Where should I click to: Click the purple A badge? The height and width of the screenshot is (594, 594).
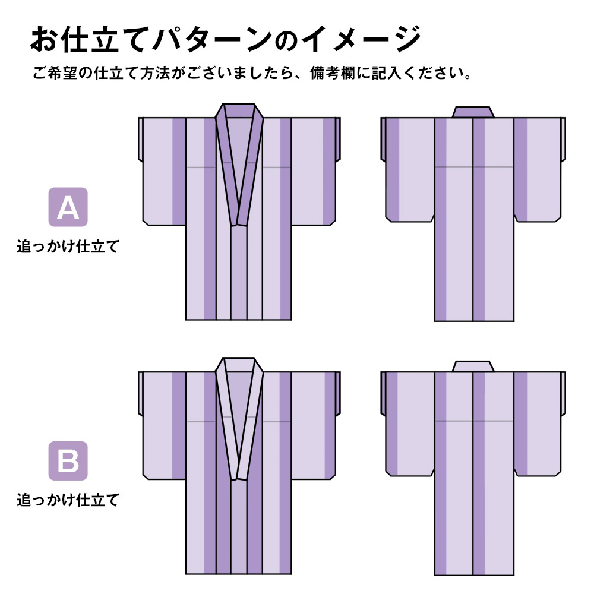click(68, 207)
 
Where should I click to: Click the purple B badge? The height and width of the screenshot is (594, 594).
click(68, 461)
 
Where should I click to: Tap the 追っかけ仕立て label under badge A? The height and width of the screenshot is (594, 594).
click(68, 247)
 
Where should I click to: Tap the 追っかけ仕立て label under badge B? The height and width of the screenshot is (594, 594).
click(68, 500)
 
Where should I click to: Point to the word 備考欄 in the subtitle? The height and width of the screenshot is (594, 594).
click(333, 72)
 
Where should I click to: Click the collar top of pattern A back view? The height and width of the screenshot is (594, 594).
click(473, 112)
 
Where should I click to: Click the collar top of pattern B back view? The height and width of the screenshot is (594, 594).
click(473, 366)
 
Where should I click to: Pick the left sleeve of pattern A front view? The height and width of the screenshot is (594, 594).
click(162, 171)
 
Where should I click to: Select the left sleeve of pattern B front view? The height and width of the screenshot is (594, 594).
click(162, 425)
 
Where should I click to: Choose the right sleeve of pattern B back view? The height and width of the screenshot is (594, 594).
click(539, 424)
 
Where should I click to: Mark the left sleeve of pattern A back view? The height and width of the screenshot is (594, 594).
click(407, 170)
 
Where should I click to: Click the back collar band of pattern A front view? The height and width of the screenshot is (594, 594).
click(239, 110)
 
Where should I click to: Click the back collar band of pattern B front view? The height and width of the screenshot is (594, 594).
click(239, 365)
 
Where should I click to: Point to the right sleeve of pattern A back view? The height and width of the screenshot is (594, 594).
click(539, 170)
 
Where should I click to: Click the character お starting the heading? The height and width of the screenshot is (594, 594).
click(44, 39)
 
